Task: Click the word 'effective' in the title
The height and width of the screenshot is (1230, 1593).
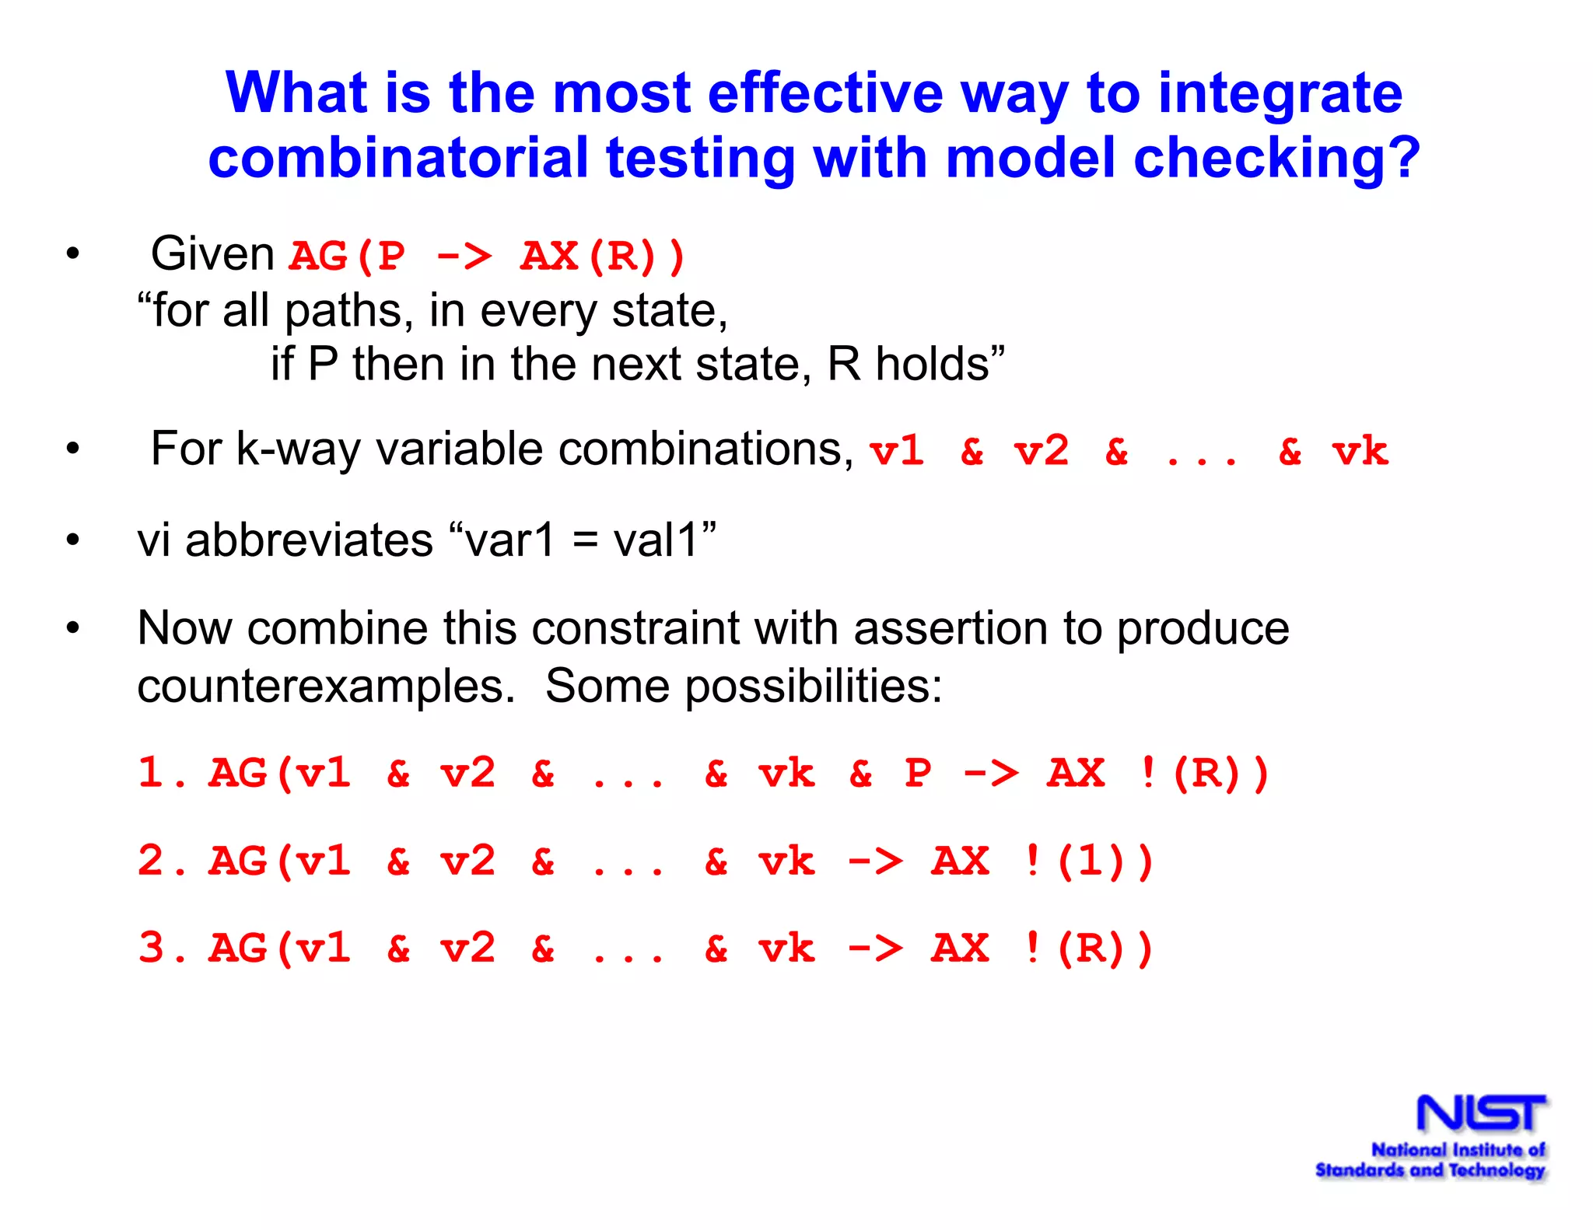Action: [825, 93]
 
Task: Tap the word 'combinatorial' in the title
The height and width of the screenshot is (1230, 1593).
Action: [397, 158]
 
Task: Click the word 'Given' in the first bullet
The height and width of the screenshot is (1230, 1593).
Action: [212, 254]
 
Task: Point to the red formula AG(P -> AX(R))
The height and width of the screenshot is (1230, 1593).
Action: [487, 256]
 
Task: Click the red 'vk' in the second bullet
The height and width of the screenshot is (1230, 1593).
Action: [1359, 451]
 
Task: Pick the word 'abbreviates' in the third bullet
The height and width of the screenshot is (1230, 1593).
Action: [309, 540]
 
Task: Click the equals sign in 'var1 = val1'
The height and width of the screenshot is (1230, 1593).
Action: [584, 541]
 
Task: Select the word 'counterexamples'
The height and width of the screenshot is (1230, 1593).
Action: [326, 687]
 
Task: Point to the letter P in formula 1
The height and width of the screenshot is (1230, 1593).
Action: [918, 774]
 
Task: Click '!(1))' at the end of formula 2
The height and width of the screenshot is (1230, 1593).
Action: [1088, 861]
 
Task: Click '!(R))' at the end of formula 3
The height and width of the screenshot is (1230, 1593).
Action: [1088, 949]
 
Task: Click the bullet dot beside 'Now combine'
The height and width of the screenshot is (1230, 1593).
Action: [73, 627]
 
